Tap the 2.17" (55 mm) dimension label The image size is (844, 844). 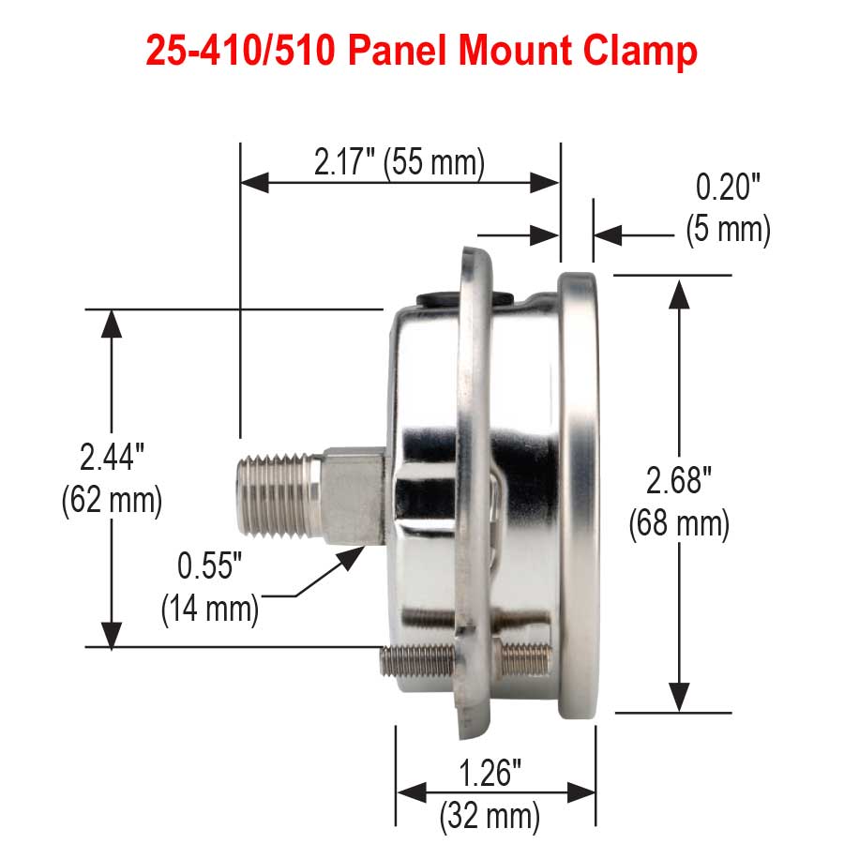pos(399,162)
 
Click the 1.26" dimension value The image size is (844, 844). pos(490,775)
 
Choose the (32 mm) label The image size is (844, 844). pos(490,816)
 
